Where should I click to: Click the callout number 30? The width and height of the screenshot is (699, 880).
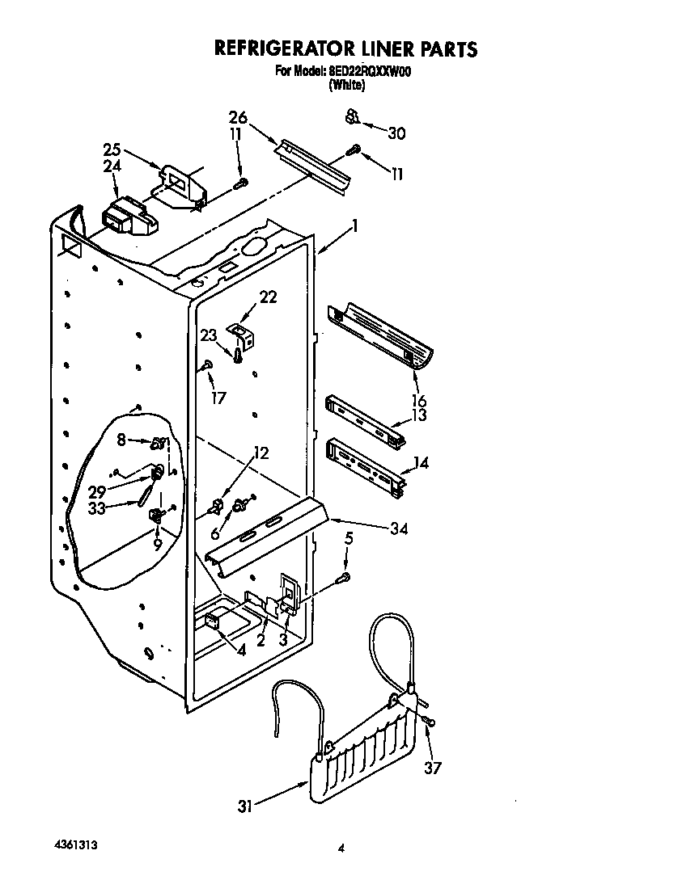396,134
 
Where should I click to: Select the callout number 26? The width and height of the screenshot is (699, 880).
237,116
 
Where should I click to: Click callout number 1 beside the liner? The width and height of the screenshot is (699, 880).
354,229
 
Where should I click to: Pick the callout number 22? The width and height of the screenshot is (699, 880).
268,297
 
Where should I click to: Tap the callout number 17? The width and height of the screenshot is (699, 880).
217,398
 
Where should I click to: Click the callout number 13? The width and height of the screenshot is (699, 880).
419,415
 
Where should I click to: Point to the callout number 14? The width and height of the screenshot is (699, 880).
421,463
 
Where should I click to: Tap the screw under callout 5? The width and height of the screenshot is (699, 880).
344,577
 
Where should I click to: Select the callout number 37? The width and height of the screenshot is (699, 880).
433,768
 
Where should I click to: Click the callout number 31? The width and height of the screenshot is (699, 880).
244,806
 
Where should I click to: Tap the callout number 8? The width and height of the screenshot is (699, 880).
122,440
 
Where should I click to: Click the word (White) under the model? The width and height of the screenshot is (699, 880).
346,84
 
